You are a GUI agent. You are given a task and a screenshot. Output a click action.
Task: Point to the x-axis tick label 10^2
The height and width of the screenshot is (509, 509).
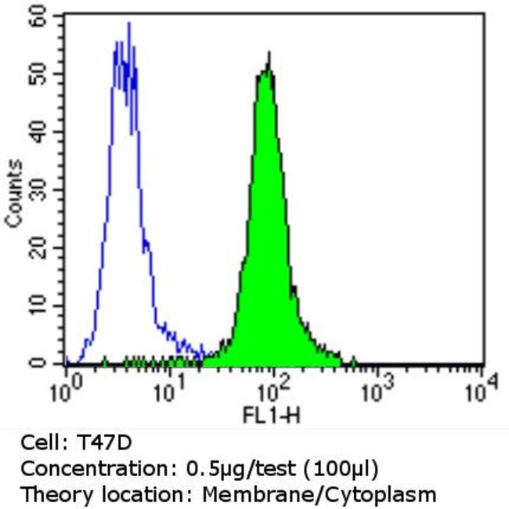pos(273,387)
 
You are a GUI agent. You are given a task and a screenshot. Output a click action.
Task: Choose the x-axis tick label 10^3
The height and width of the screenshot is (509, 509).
pos(378,387)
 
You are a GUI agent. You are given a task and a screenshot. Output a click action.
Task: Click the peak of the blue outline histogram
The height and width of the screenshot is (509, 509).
pos(128,23)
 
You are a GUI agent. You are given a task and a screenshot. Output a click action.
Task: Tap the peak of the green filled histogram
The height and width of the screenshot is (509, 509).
pos(269,53)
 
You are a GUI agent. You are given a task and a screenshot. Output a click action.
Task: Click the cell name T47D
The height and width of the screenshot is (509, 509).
pos(98,443)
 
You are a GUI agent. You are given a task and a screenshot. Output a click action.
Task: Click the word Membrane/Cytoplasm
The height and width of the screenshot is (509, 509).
pos(318,495)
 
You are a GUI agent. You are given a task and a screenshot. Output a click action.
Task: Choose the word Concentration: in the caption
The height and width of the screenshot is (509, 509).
pos(81,469)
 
